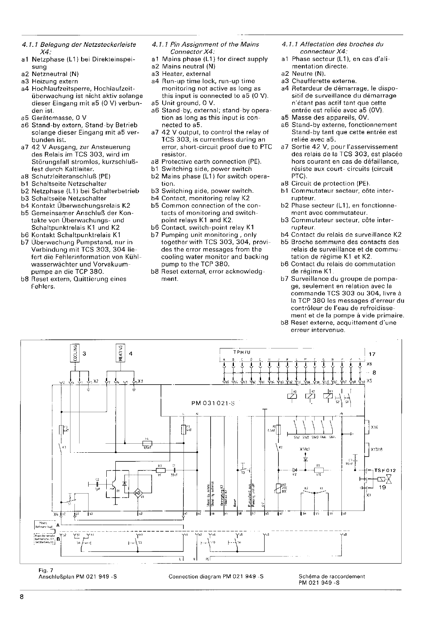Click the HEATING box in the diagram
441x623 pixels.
tap(121, 352)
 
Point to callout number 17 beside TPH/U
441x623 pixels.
tap(372, 354)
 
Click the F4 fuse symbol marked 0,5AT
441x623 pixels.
tap(146, 443)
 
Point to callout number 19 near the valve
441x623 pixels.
tap(382, 487)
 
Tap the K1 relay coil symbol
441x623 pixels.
tap(293, 397)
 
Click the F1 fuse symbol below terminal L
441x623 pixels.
tap(183, 430)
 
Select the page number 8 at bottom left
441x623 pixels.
tap(22, 597)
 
